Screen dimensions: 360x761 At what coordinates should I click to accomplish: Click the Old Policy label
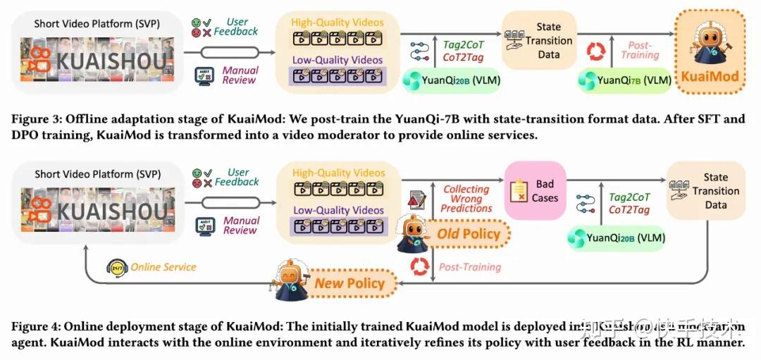[469, 234]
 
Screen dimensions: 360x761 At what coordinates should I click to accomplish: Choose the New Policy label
[349, 283]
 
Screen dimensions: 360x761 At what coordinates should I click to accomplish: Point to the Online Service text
[163, 267]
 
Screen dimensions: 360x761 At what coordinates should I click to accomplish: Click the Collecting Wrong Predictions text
[466, 199]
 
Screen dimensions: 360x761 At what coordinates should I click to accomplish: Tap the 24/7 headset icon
[116, 267]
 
